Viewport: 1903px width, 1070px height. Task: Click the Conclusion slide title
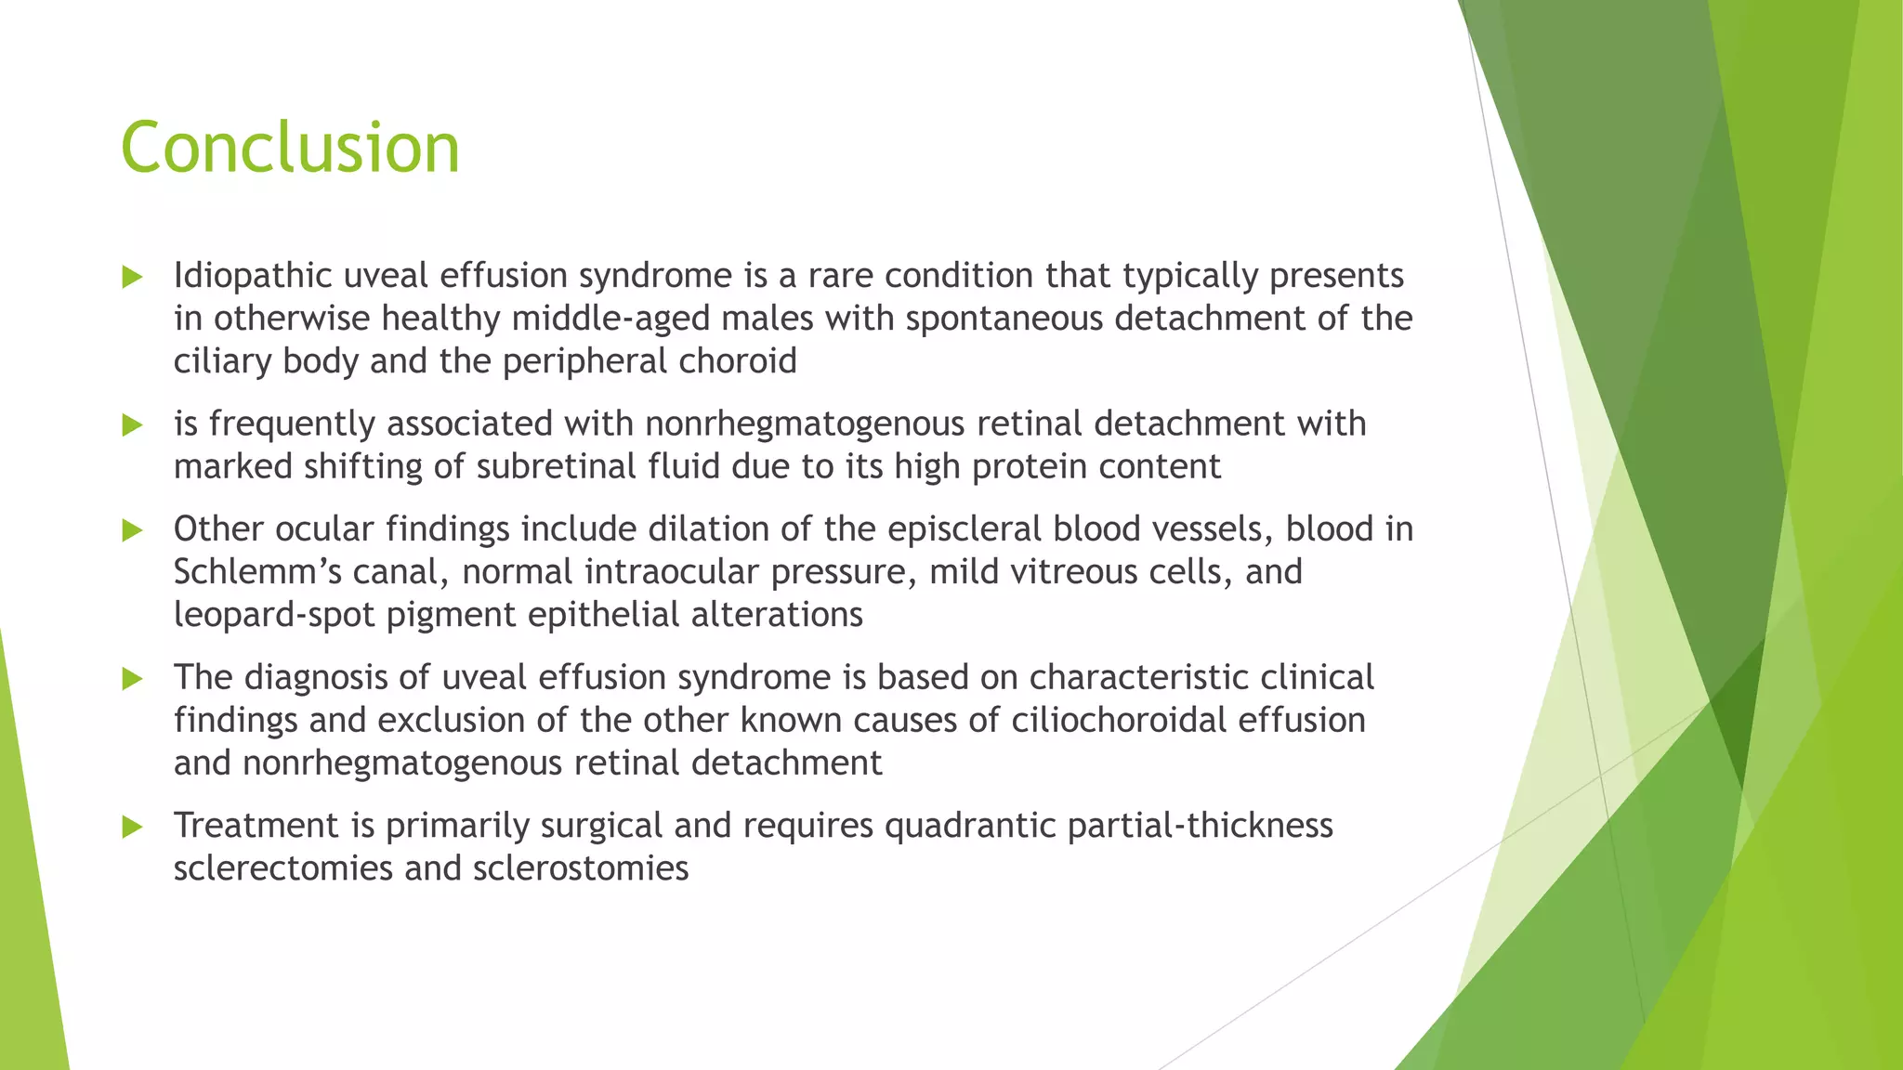[x=290, y=149]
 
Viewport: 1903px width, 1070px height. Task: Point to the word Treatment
[x=256, y=825]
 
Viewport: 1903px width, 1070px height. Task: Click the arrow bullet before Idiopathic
[x=132, y=277]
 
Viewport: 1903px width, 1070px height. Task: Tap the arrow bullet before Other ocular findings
[x=132, y=530]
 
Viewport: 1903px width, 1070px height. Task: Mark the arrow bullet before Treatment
[x=132, y=827]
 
